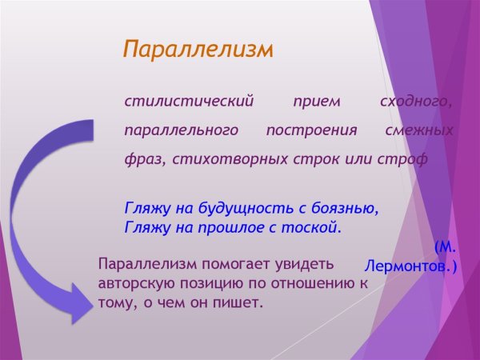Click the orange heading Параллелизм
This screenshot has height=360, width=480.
[198, 50]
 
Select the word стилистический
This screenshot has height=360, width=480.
[189, 102]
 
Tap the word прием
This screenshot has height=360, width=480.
[316, 102]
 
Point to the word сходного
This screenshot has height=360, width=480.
[416, 102]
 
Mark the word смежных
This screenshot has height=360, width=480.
[418, 130]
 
